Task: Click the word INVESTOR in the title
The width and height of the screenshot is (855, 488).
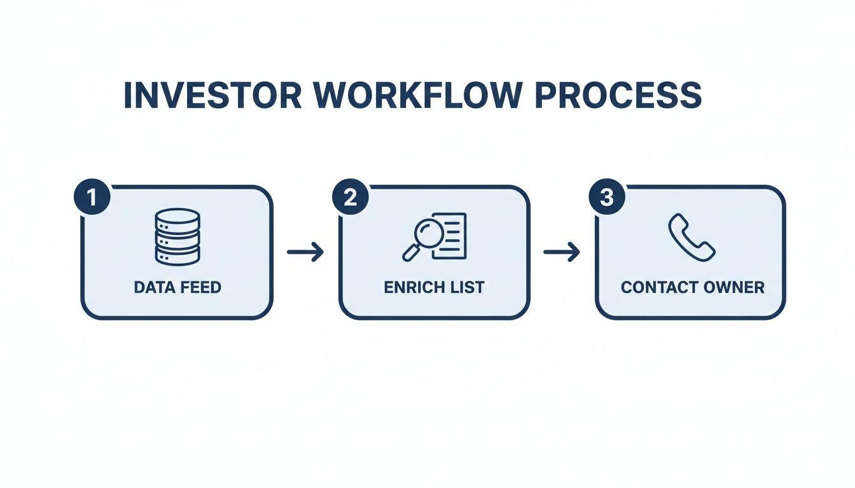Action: point(214,95)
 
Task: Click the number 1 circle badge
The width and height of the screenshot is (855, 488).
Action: point(93,198)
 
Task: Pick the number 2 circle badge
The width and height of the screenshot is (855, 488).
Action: point(350,198)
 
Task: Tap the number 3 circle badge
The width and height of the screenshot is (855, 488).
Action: point(607,198)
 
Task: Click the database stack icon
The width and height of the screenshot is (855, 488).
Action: point(177,236)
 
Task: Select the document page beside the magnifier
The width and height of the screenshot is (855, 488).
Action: point(450,235)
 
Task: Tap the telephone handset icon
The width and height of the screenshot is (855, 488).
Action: point(692,236)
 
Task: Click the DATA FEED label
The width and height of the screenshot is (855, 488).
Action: point(177,287)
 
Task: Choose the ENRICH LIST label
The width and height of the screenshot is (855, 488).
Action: point(434,287)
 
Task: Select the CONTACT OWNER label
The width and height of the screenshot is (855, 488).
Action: point(692,287)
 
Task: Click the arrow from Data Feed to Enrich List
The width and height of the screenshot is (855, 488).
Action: point(305,252)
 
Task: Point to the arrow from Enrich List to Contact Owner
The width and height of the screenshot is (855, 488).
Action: point(562,252)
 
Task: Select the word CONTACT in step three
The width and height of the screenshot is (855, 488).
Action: point(656,287)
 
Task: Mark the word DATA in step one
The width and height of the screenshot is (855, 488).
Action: point(153,287)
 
